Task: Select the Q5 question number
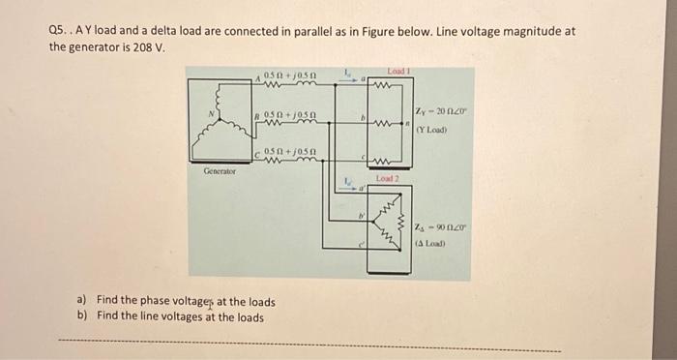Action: pos(59,31)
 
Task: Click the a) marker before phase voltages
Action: pos(81,301)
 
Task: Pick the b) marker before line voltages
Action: pos(81,315)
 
